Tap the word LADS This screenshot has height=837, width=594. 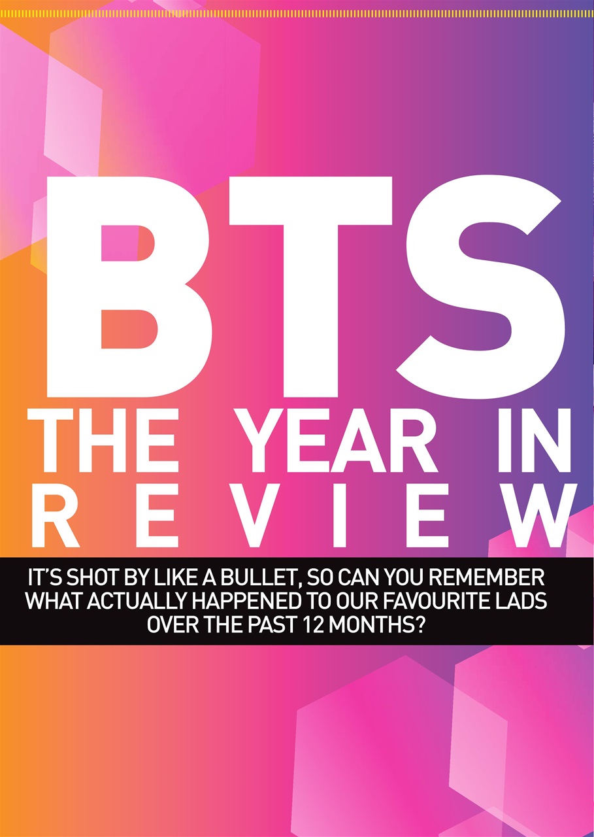517,602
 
